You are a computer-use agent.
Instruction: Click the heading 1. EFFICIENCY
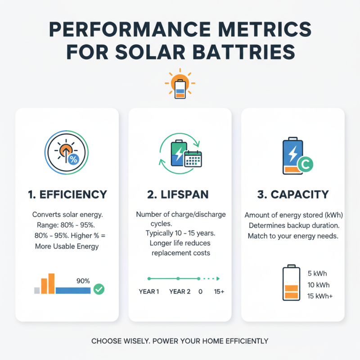pos(67,194)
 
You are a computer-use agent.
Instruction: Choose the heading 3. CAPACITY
pos(293,194)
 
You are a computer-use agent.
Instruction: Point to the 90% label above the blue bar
pos(83,281)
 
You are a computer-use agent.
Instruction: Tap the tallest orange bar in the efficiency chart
pos(51,283)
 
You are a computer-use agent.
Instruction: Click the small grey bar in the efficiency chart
pos(37,291)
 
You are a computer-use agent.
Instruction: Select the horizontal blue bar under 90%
pos(73,291)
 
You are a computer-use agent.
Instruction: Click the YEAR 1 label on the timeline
pos(149,292)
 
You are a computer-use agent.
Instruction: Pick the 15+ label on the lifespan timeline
pos(219,292)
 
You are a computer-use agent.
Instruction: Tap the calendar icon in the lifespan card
pos(193,159)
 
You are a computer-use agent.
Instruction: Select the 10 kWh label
pos(319,285)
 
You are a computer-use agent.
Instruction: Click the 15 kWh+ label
pos(320,296)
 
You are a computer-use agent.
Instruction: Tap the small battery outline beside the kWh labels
pos(291,283)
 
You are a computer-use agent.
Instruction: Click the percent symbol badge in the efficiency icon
pos(72,159)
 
